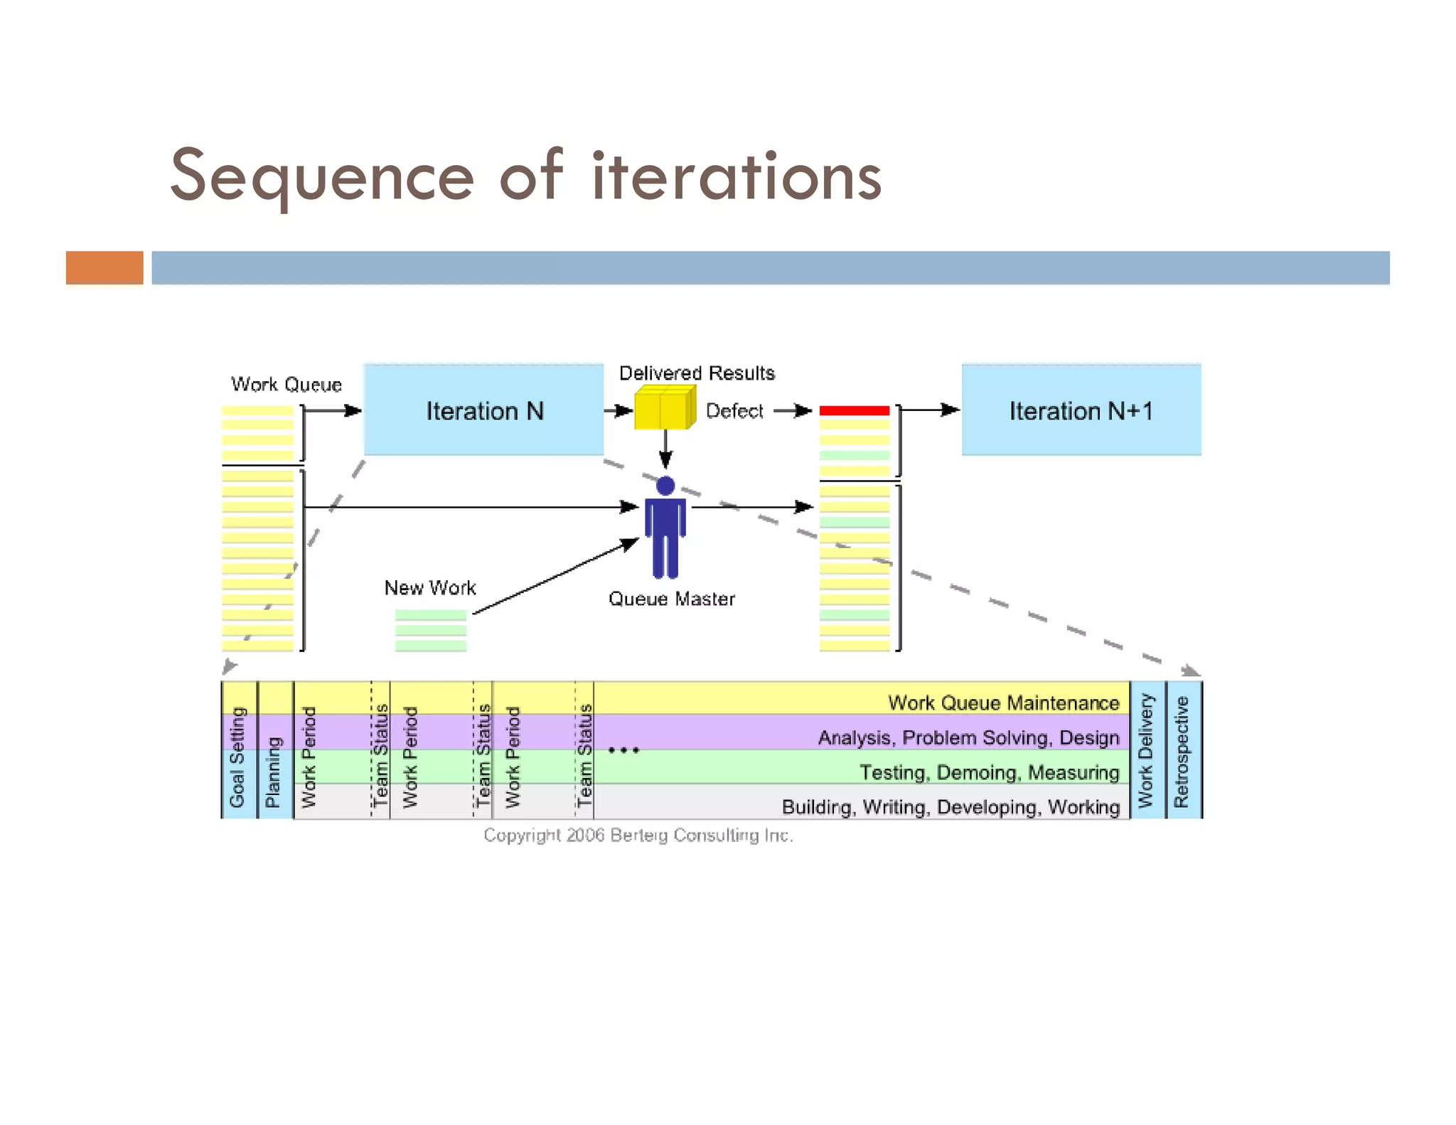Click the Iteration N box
coord(483,410)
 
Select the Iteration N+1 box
coord(1081,410)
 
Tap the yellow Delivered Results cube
coord(664,407)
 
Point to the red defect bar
coord(854,410)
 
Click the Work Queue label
coord(286,385)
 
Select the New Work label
coord(429,588)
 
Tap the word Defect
coord(734,411)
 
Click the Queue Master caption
coord(671,599)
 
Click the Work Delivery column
coord(1146,750)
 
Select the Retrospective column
coord(1182,750)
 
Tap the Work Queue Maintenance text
coord(1003,703)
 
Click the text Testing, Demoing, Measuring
coord(989,772)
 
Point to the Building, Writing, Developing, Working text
coord(951,807)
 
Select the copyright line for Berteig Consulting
coord(638,835)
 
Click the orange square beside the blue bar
coord(105,267)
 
